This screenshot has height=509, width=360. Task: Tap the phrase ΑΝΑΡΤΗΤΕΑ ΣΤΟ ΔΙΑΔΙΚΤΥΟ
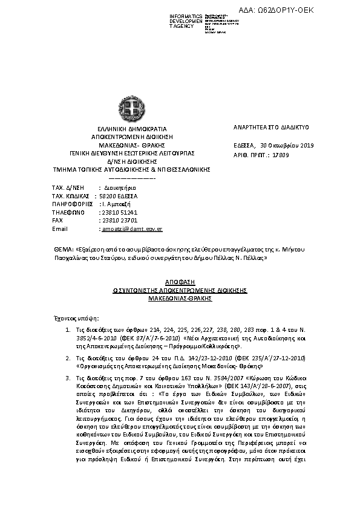(x=271, y=128)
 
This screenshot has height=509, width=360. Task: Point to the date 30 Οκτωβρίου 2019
(x=288, y=145)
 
